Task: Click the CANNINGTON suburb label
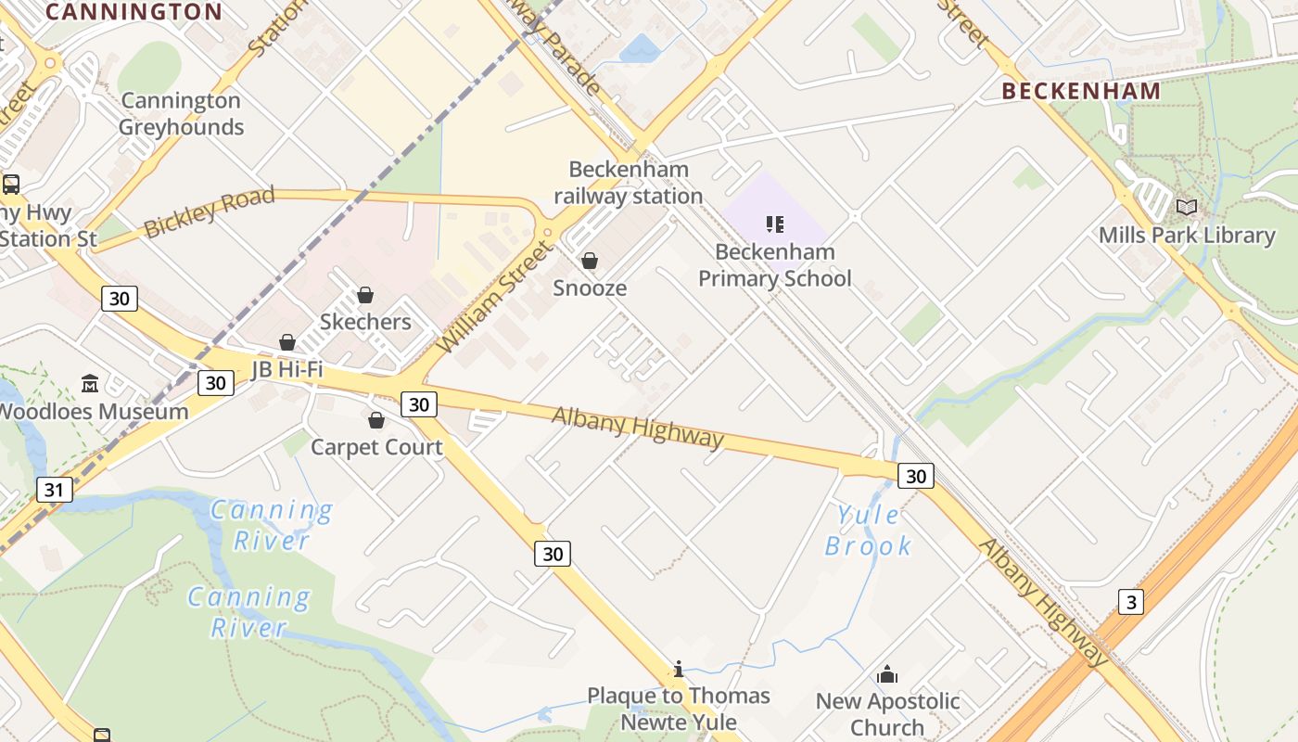coord(134,12)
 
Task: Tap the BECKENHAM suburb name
coord(1081,91)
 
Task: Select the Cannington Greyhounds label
coord(181,114)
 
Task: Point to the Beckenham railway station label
coord(629,183)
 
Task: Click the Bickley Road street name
coord(210,211)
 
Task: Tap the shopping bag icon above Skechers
coord(365,295)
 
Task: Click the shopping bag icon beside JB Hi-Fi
coord(287,342)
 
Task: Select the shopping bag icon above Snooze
coord(589,261)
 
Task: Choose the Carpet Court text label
coord(376,447)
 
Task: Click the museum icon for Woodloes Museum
coord(90,383)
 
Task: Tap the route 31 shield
coord(55,490)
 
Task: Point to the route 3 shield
coord(1129,602)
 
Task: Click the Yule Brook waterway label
coord(868,531)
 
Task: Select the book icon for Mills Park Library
coord(1186,207)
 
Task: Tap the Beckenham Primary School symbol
coord(775,224)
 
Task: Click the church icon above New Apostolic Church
coord(887,674)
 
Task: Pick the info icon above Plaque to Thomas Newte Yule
coord(679,669)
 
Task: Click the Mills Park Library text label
coord(1187,236)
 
